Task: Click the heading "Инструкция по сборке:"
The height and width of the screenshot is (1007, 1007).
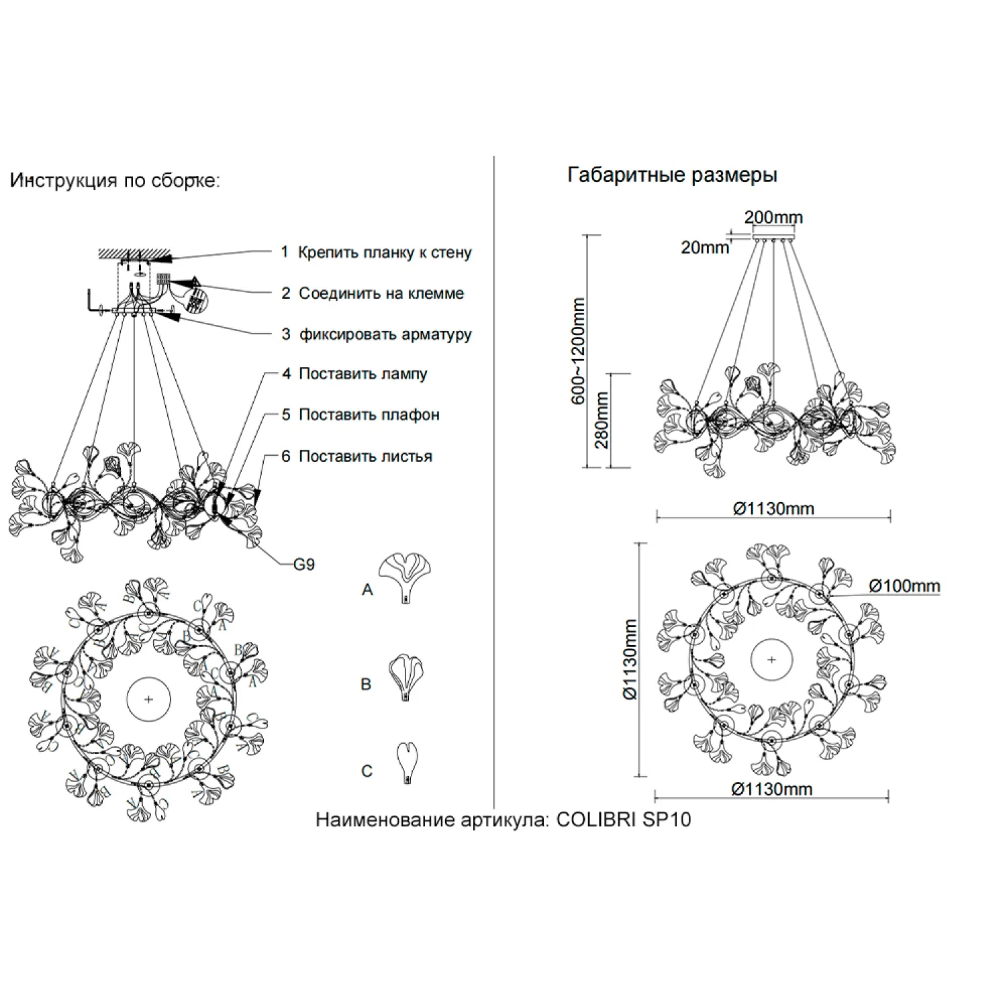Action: pyautogui.click(x=114, y=181)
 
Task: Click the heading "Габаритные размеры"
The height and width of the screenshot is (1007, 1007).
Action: pyautogui.click(x=672, y=175)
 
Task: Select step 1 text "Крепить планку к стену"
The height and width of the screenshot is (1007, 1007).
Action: pyautogui.click(x=385, y=253)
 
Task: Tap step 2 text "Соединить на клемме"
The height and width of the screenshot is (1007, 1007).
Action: pyautogui.click(x=381, y=293)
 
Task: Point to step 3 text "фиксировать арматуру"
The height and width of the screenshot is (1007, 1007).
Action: pyautogui.click(x=385, y=334)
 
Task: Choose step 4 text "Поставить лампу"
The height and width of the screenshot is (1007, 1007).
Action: pyautogui.click(x=363, y=374)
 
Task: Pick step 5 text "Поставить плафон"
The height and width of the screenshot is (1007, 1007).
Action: pyautogui.click(x=369, y=415)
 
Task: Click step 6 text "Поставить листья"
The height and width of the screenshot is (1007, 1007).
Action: pyautogui.click(x=365, y=457)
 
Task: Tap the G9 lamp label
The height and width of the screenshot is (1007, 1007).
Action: pyautogui.click(x=304, y=565)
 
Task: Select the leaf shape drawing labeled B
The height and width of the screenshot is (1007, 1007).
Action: pyautogui.click(x=406, y=677)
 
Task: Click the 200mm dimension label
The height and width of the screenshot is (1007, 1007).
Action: pyautogui.click(x=773, y=218)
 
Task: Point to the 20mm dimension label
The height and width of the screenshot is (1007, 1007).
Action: pyautogui.click(x=704, y=248)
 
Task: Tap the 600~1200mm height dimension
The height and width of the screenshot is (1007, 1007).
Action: pyautogui.click(x=578, y=351)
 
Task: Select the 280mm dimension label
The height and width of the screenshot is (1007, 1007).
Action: pyautogui.click(x=602, y=420)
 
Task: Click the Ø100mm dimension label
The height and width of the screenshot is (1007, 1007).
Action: pyautogui.click(x=904, y=586)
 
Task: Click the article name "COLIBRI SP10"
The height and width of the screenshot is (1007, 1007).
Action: pyautogui.click(x=624, y=820)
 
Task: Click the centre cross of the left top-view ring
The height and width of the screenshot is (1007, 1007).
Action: pyautogui.click(x=148, y=699)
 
